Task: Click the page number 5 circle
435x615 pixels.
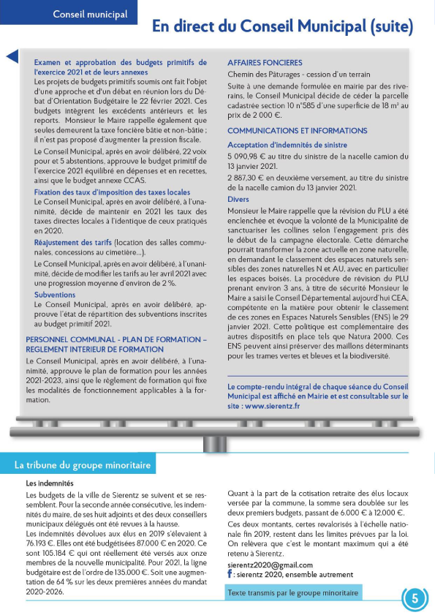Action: [x=415, y=598]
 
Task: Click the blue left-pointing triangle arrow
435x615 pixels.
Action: [x=12, y=57]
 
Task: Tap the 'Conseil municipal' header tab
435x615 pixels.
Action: [x=90, y=14]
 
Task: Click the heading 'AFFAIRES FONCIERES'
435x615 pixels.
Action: [x=265, y=63]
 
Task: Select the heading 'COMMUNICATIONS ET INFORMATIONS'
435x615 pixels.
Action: [x=297, y=130]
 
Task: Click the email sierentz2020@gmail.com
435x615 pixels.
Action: [x=270, y=565]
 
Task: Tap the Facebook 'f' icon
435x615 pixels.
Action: [x=231, y=575]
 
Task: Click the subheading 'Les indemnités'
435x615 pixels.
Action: [x=50, y=483]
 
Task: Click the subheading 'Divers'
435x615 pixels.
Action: [x=238, y=199]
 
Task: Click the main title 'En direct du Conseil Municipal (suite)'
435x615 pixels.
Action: [x=282, y=27]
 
